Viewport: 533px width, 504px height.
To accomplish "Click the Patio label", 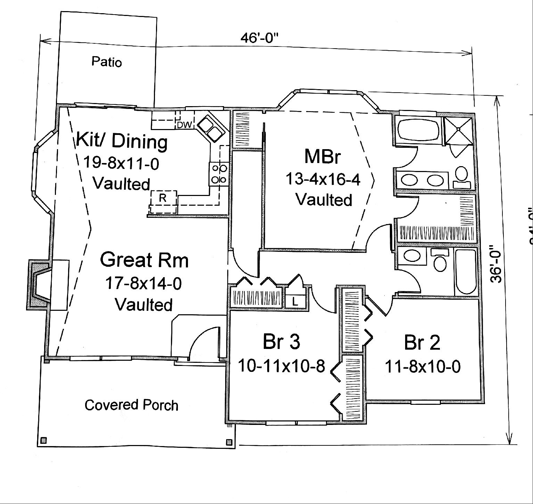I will (x=107, y=62).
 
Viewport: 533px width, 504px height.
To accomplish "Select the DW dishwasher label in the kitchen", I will (x=184, y=125).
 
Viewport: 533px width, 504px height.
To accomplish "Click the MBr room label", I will (x=321, y=156).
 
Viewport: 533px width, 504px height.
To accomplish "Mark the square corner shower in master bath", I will (x=459, y=129).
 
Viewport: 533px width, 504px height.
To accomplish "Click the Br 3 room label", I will (x=281, y=342).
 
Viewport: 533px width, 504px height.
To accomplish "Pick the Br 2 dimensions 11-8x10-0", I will (x=423, y=366).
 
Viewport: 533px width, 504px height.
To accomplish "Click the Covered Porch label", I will (x=131, y=405).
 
